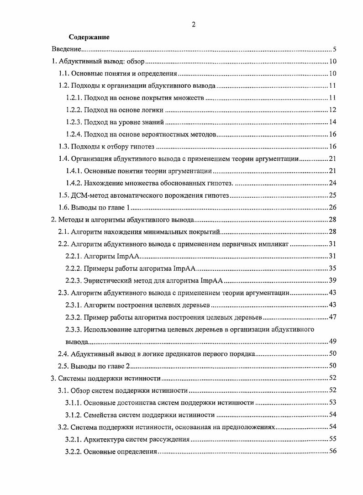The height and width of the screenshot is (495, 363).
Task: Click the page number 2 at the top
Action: point(194,25)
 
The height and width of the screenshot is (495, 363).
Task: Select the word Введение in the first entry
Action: point(66,49)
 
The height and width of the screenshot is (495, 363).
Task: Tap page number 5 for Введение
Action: point(335,49)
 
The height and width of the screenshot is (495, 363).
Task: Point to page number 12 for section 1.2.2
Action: point(333,110)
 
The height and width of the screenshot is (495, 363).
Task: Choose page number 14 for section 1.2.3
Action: point(333,122)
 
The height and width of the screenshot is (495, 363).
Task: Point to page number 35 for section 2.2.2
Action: point(333,269)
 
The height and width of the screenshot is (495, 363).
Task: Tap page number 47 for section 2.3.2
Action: point(333,317)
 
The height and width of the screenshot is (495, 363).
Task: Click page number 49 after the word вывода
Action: point(333,342)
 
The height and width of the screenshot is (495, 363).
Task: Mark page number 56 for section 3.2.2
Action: point(333,451)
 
